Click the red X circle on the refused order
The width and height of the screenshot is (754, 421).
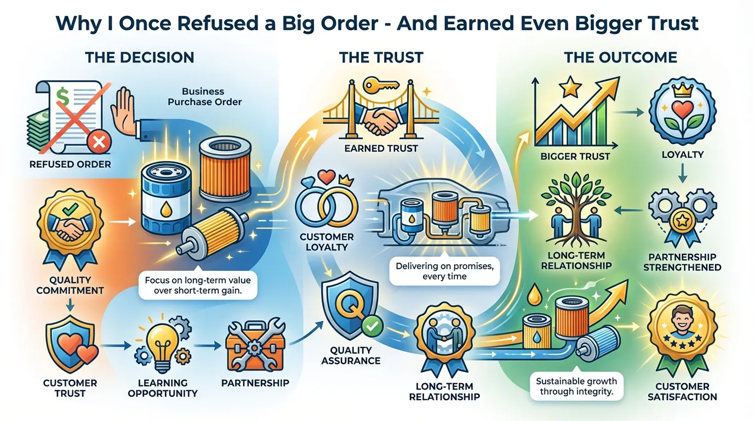click(99, 143)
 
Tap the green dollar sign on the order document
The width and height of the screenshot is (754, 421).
click(62, 96)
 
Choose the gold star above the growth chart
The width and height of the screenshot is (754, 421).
click(571, 87)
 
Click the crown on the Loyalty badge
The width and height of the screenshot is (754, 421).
click(682, 89)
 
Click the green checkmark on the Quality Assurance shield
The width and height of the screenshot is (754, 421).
click(372, 326)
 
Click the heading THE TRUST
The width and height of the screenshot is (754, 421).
click(381, 58)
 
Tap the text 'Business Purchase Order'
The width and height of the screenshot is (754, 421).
click(204, 96)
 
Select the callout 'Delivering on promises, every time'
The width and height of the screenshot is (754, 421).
click(444, 271)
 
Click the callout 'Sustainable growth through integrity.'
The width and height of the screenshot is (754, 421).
click(576, 386)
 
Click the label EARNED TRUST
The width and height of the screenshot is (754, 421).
click(381, 148)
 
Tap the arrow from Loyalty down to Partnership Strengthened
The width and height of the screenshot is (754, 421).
click(682, 173)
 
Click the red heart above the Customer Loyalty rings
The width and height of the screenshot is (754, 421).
click(327, 177)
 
